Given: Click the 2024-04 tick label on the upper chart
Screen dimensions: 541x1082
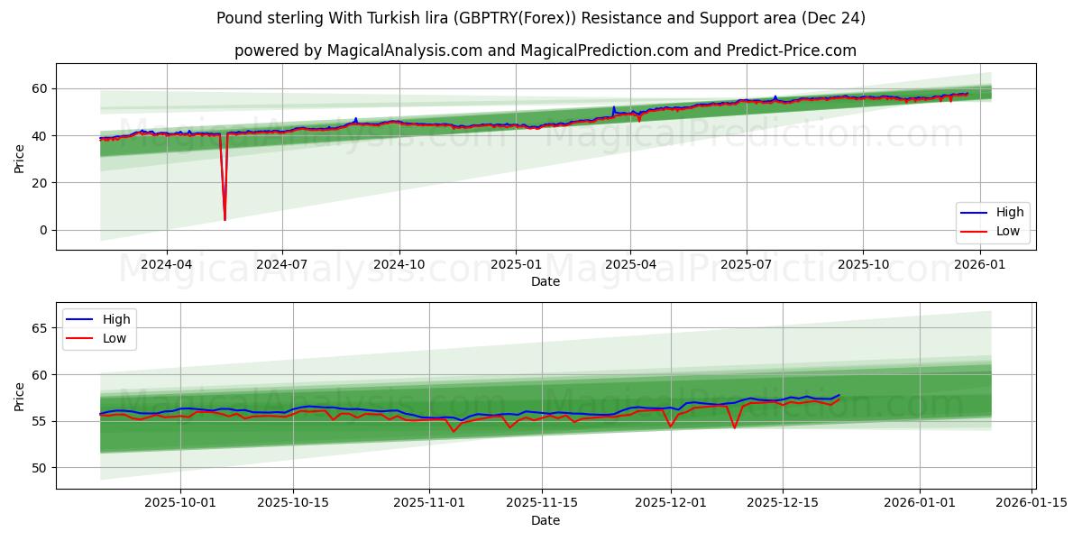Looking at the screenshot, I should click(x=166, y=265).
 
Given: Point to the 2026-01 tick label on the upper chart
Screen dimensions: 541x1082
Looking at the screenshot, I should click(x=979, y=265).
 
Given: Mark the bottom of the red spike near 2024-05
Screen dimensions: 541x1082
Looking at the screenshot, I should click(x=225, y=219).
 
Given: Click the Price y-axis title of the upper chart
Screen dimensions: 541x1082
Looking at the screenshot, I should click(x=20, y=158).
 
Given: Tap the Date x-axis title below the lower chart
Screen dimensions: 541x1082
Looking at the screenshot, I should click(x=545, y=520).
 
